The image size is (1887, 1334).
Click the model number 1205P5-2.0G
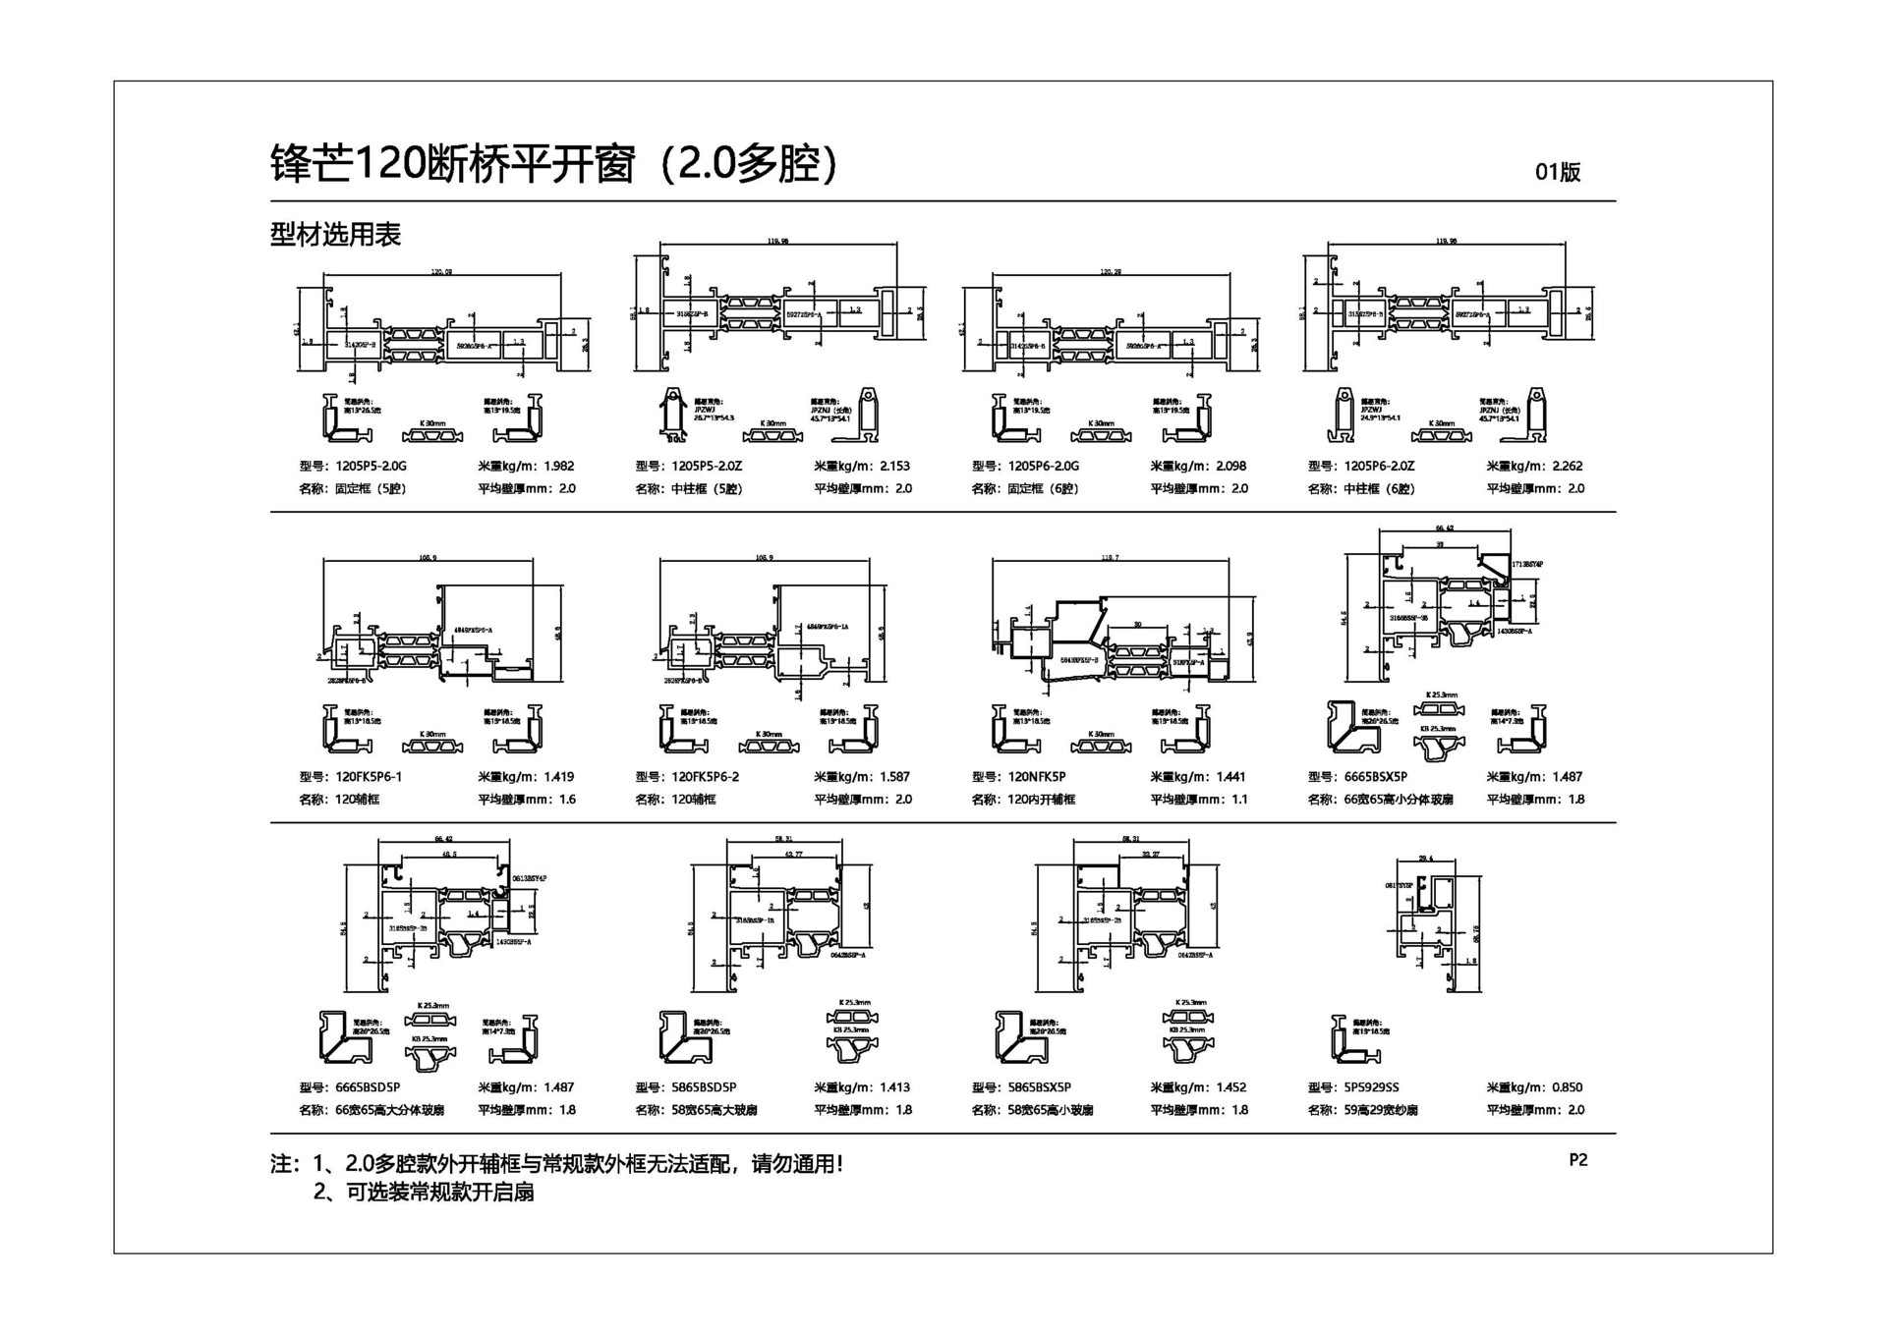[x=371, y=467]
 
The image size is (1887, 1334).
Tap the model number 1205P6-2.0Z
[x=1380, y=467]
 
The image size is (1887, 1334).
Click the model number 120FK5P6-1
[x=369, y=777]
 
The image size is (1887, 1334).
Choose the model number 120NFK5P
[x=1037, y=777]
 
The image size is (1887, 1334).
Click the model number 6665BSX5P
[x=1376, y=777]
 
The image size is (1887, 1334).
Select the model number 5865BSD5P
[x=704, y=1087]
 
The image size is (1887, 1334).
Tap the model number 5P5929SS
[x=1372, y=1087]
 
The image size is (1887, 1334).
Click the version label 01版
[x=1558, y=172]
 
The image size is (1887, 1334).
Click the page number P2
[x=1578, y=1160]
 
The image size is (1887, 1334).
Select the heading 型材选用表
[x=335, y=235]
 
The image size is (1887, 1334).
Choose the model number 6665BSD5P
[x=368, y=1087]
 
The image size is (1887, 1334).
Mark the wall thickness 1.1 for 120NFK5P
[x=1240, y=800]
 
